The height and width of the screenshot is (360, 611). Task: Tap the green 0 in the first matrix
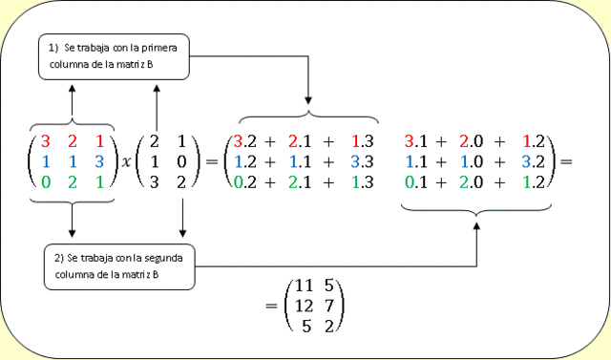point(44,181)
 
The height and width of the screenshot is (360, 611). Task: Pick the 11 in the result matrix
point(303,284)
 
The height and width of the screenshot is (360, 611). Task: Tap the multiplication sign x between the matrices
point(124,162)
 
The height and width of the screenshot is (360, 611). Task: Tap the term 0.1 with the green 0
point(416,181)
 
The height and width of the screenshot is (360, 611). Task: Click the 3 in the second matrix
point(155,181)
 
